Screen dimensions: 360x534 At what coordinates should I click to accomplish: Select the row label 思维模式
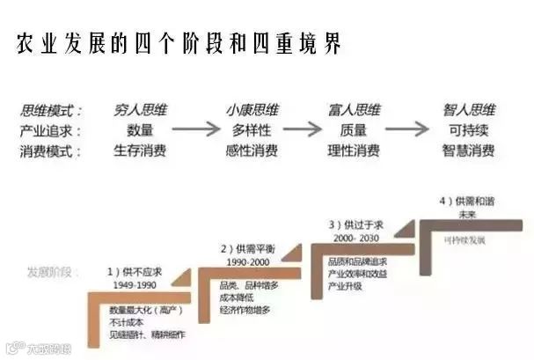pos(52,111)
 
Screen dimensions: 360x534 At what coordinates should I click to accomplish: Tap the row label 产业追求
pos(52,130)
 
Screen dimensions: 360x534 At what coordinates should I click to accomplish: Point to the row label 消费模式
pos(52,151)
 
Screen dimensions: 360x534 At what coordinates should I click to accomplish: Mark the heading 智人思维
pos(468,111)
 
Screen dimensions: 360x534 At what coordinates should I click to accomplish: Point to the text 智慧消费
pos(468,151)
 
